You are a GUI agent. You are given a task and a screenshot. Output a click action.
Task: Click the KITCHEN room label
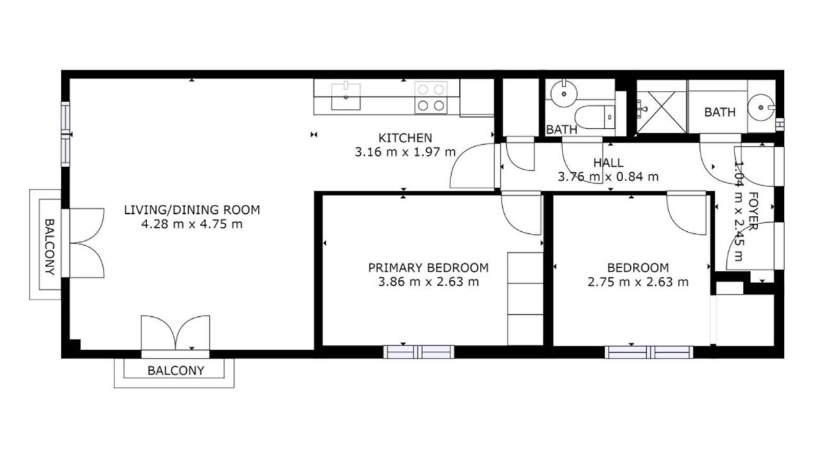tap(405, 138)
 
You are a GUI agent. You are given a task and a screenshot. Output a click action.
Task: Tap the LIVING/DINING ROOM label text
tap(192, 210)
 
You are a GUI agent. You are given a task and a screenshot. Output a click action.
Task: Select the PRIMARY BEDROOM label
tap(428, 268)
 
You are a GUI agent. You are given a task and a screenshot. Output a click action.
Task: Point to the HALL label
tap(608, 163)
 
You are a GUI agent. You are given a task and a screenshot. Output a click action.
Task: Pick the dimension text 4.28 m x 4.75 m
tap(192, 224)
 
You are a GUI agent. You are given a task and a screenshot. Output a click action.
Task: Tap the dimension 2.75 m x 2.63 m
tap(638, 282)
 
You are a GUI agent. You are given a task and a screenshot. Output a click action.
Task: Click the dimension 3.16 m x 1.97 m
tap(405, 152)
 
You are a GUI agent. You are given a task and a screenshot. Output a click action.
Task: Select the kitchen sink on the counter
tap(346, 96)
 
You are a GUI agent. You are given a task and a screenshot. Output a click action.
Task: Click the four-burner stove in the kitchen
tap(431, 97)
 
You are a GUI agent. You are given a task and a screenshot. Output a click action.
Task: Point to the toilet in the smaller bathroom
tap(594, 117)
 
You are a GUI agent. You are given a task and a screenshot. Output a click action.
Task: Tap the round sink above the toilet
tap(564, 93)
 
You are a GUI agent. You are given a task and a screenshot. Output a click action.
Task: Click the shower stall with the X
tap(662, 112)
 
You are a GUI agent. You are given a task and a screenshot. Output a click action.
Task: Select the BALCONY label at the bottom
tap(175, 371)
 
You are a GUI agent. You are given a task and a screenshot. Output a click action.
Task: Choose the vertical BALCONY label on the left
tap(50, 247)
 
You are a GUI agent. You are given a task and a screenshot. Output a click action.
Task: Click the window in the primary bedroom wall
tap(418, 352)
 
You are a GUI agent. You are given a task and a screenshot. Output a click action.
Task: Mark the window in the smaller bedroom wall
tap(649, 352)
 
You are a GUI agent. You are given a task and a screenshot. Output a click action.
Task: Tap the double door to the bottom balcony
tap(175, 333)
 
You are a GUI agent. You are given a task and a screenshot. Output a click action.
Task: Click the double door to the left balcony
tap(86, 243)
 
